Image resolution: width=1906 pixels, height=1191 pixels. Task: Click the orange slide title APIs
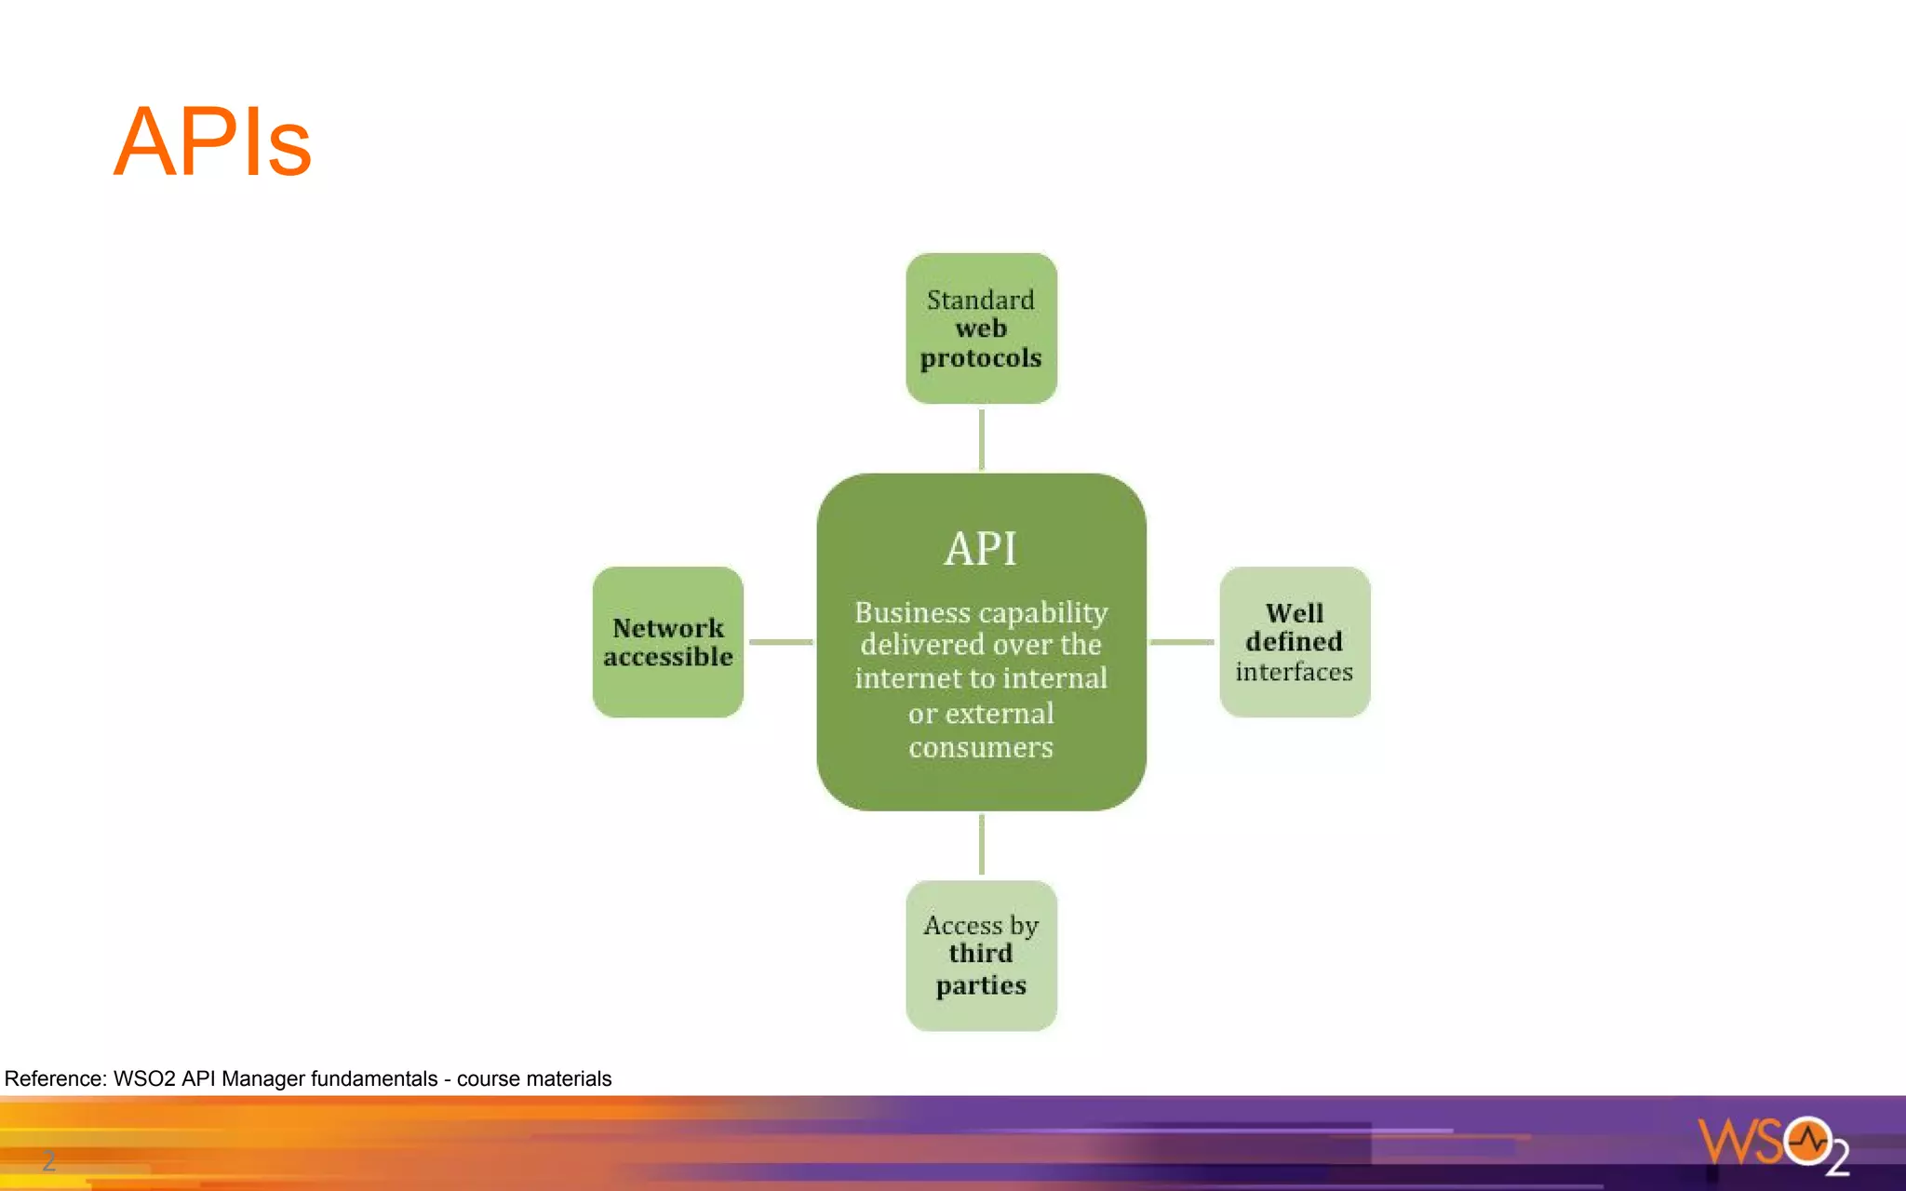212,142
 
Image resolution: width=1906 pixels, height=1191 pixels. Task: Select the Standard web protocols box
981,328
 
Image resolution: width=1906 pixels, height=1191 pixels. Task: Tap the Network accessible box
667,642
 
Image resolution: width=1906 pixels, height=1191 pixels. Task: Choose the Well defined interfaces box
1295,642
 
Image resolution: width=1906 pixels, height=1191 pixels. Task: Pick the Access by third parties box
981,956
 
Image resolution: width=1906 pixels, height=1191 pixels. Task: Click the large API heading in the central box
981,548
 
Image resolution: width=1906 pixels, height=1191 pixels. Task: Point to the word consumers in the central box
981,747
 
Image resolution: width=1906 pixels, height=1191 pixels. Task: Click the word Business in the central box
899,612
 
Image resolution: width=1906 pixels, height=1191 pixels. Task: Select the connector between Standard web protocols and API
981,439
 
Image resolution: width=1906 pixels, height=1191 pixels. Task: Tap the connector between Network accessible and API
781,642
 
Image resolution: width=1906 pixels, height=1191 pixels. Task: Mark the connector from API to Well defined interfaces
1182,642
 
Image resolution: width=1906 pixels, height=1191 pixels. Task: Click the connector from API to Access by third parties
981,845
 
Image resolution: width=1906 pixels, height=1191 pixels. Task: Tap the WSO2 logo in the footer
1773,1144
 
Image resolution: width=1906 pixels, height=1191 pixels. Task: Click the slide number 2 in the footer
48,1160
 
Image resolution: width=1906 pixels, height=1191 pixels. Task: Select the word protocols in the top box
981,358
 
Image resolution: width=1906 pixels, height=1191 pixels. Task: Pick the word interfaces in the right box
1295,672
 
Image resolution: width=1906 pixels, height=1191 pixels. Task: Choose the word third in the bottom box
981,954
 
